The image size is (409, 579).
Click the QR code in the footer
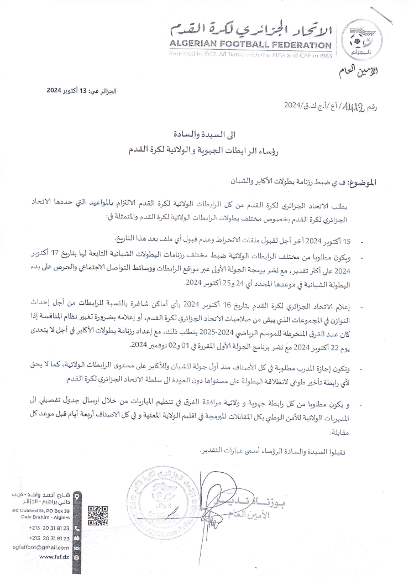tap(98, 515)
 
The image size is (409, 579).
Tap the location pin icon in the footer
tap(77, 496)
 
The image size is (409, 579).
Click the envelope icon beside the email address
tap(77, 546)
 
